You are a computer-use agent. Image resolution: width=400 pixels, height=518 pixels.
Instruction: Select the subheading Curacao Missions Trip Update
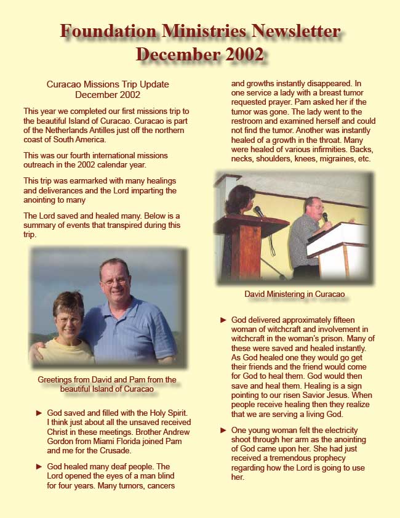[108, 84]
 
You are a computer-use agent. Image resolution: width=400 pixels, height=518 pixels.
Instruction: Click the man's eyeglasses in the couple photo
[114, 281]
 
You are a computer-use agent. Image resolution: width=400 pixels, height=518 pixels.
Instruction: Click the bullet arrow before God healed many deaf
[39, 466]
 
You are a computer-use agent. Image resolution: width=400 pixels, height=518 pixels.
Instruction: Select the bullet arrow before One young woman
[223, 430]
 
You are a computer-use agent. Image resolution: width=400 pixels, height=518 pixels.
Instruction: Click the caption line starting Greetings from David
[107, 379]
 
